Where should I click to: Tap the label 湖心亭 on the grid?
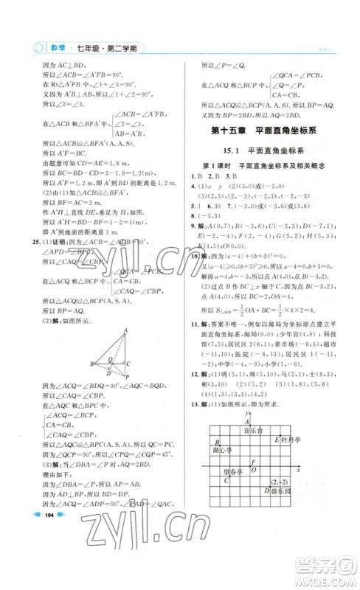222,449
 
